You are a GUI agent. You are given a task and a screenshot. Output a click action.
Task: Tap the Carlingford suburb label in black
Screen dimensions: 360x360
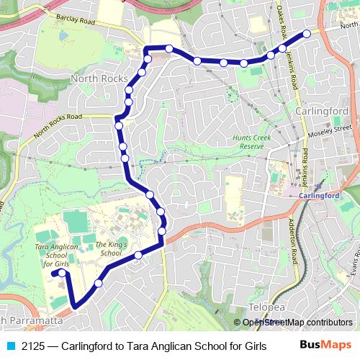point(322,111)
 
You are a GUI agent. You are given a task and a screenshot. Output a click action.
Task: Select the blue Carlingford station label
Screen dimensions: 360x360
point(318,195)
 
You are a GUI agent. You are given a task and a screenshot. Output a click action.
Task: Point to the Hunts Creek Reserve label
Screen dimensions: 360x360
point(252,141)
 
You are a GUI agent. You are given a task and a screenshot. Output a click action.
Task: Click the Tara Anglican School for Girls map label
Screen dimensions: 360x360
point(55,255)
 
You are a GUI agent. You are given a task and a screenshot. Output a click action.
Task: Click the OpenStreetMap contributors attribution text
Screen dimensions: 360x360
point(297,323)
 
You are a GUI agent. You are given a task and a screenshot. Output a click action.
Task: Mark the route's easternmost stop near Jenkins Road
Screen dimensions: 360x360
point(307,33)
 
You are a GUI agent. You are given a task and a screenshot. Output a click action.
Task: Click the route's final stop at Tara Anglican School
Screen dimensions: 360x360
point(63,274)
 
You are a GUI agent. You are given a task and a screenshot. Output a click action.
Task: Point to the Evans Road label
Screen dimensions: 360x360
point(352,267)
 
